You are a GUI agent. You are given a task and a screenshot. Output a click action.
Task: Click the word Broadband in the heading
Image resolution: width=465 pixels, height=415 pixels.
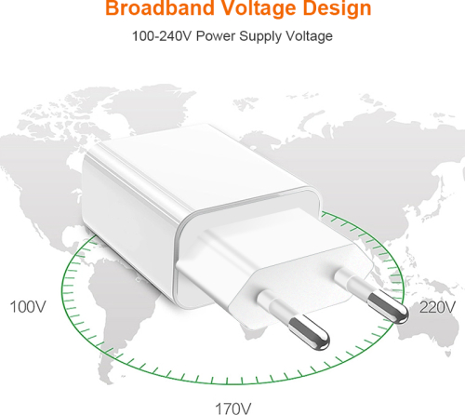click(x=160, y=7)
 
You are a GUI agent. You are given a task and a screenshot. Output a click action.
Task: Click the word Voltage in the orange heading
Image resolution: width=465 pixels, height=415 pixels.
click(x=258, y=8)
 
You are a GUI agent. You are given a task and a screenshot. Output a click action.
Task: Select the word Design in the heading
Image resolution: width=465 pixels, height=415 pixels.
click(x=337, y=8)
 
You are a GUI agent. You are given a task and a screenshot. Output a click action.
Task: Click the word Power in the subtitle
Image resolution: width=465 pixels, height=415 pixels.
click(x=216, y=36)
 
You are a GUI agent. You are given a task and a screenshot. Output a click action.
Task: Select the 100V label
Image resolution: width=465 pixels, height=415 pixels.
click(x=28, y=307)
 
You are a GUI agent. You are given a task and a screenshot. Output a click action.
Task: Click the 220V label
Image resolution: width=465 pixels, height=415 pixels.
click(x=437, y=307)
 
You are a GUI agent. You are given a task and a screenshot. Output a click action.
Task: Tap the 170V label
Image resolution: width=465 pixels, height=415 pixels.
click(x=233, y=408)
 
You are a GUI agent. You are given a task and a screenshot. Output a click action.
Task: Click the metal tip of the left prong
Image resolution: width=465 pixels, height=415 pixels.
click(x=309, y=332)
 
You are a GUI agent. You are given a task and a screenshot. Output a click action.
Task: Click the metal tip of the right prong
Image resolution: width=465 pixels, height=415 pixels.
click(x=388, y=307)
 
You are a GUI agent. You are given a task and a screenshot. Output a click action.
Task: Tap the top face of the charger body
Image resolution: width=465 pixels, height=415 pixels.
click(x=198, y=165)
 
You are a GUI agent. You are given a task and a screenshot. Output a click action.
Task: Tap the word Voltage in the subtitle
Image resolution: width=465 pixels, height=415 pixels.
click(x=309, y=37)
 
